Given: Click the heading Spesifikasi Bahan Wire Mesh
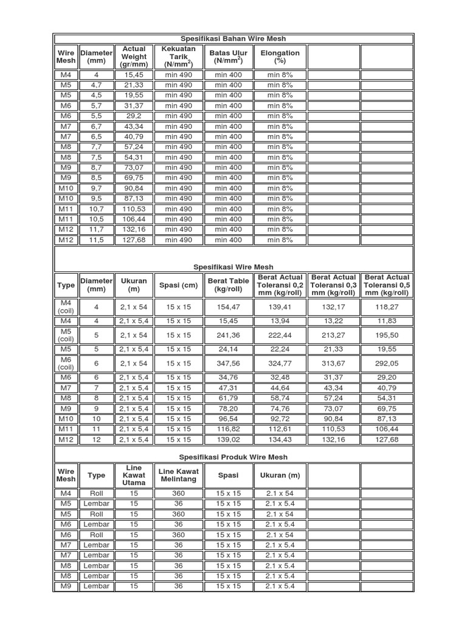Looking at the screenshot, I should point(233,39).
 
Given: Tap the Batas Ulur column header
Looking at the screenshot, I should point(228,57).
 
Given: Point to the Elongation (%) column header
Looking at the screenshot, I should point(280,57).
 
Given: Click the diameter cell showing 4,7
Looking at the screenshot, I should point(96,85).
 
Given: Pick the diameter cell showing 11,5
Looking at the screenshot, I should point(96,240).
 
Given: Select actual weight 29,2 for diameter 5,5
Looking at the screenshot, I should point(134,116).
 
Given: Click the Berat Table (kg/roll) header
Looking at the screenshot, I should point(228,285).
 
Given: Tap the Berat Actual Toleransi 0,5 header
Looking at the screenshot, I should point(386,285).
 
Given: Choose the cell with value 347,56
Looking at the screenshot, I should point(228,363).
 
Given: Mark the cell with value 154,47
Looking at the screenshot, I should point(228,307).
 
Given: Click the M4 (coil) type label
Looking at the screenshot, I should point(66,307).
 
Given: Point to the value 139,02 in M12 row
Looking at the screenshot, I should point(228,439).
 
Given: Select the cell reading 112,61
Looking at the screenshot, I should point(280,429).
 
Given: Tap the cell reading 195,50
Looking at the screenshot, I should point(386,335).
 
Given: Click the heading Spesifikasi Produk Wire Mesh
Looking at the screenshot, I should point(233,456).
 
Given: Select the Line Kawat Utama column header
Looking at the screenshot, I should point(134,475).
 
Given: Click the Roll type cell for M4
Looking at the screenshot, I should point(96,493).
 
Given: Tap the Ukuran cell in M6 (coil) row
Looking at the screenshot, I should point(134,363).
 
